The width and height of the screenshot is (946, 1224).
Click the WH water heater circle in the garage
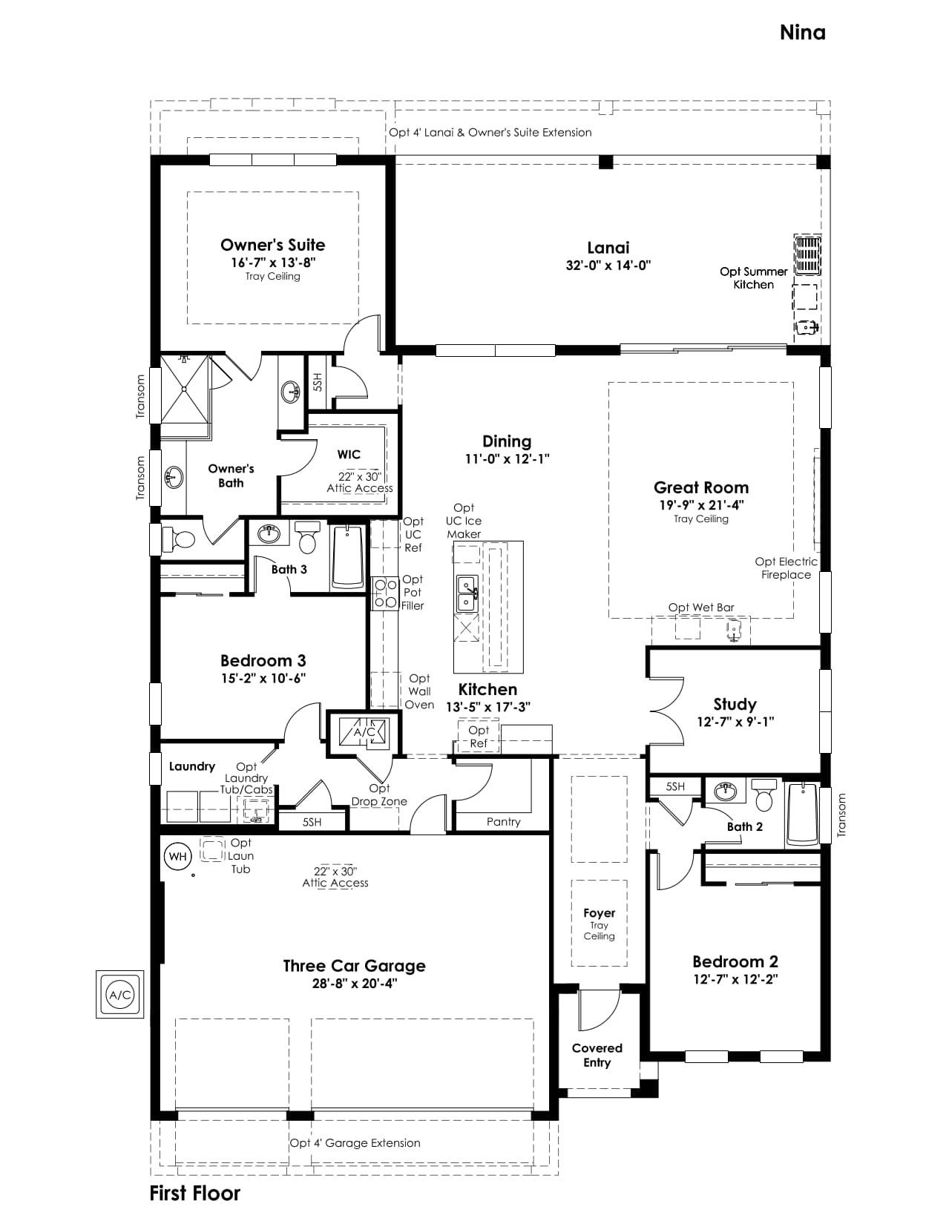click(x=177, y=857)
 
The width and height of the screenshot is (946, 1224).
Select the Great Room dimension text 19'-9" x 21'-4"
click(x=701, y=504)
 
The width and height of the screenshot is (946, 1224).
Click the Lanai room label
click(x=608, y=247)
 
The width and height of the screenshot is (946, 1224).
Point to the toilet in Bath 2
click(x=764, y=794)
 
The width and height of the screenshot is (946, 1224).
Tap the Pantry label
click(x=503, y=822)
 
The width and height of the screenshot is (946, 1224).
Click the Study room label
click(x=735, y=704)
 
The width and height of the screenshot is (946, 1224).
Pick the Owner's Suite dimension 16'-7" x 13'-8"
click(x=273, y=262)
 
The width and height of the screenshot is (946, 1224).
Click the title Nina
click(x=802, y=33)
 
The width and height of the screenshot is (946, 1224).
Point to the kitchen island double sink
click(x=467, y=593)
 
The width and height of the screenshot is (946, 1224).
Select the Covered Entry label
click(x=597, y=1055)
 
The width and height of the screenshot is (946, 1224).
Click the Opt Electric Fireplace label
click(x=786, y=567)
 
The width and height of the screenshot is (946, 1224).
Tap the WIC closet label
click(x=349, y=454)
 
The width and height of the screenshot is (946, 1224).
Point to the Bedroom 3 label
click(x=263, y=660)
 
